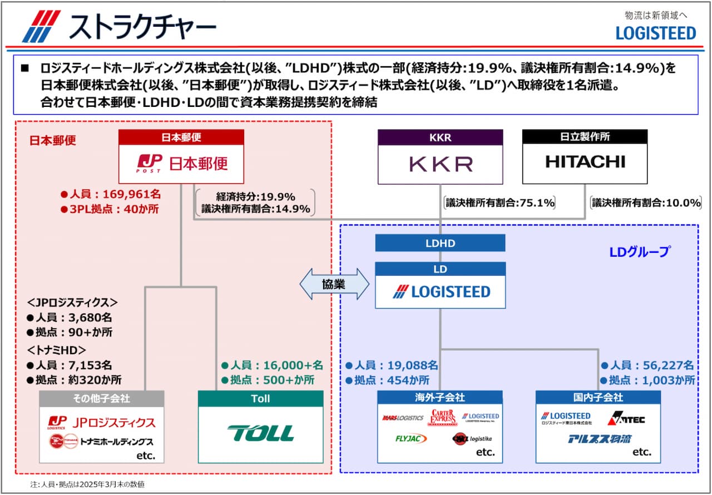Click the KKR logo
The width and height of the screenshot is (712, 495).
441,163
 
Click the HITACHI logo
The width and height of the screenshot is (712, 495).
585,162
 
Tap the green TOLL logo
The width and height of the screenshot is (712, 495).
260,433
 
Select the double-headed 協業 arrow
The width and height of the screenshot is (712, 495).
334,285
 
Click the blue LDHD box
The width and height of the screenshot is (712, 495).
440,243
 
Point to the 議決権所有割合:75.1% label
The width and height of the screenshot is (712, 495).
500,203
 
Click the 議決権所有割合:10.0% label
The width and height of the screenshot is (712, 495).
646,203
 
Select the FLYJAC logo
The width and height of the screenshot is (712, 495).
411,438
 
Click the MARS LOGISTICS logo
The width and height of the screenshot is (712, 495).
403,418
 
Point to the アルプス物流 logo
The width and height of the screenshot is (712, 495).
599,439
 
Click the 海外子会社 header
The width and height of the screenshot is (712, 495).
440,398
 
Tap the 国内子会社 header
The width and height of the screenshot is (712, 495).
599,398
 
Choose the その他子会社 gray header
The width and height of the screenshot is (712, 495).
102,399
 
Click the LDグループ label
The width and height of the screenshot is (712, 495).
640,252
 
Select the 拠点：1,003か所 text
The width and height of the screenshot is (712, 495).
648,380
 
